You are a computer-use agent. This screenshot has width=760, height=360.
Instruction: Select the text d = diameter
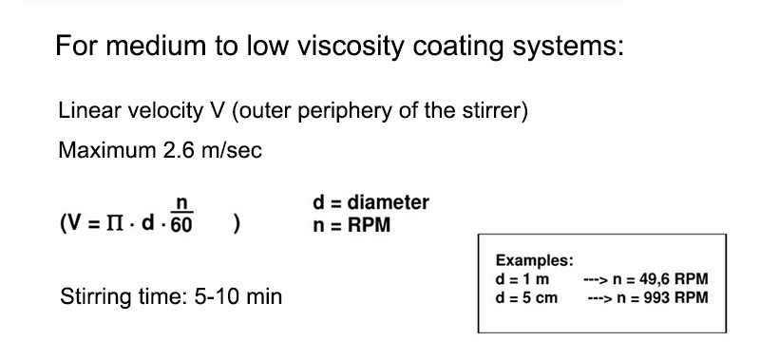(x=370, y=202)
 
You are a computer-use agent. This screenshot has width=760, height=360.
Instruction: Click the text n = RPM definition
(x=351, y=226)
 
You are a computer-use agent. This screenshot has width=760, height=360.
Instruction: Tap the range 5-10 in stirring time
(x=218, y=296)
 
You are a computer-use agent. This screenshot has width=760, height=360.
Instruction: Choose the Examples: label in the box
(x=535, y=261)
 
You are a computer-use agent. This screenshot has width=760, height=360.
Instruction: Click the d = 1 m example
(x=522, y=279)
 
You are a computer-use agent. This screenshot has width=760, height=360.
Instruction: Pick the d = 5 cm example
(x=526, y=296)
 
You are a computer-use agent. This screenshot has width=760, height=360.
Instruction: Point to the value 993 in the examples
(x=657, y=296)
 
